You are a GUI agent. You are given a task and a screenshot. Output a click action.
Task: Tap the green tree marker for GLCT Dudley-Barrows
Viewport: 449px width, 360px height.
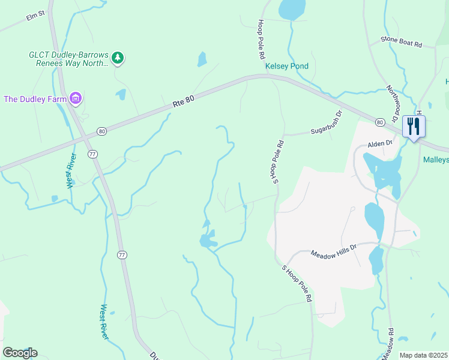(x=119, y=58)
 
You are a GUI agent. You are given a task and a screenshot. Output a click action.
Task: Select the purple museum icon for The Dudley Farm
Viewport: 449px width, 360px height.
(x=75, y=98)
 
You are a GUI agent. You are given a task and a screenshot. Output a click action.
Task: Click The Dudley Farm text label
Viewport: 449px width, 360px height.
(x=35, y=98)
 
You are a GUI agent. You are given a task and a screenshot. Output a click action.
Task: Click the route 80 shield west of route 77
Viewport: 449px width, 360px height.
(x=101, y=131)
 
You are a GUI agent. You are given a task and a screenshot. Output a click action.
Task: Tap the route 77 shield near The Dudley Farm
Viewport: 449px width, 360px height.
(x=92, y=154)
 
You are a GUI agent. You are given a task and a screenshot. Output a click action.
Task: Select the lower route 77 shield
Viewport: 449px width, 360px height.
(x=122, y=255)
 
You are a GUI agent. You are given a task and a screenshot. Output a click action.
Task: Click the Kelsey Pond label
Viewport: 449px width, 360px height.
(x=288, y=66)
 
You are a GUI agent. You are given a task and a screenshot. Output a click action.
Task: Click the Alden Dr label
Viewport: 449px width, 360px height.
(x=379, y=143)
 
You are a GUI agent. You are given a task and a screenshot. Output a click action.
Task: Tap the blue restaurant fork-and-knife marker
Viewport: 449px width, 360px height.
(x=414, y=126)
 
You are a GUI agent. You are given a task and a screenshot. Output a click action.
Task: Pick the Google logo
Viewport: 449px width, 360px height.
(x=20, y=353)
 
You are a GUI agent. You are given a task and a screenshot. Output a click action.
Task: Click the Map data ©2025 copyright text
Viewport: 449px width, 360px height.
(x=423, y=355)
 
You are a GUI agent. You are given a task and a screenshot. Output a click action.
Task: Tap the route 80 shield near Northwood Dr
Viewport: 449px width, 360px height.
(x=379, y=122)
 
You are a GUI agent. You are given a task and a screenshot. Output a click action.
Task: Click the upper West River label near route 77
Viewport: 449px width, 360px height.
(x=71, y=171)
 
